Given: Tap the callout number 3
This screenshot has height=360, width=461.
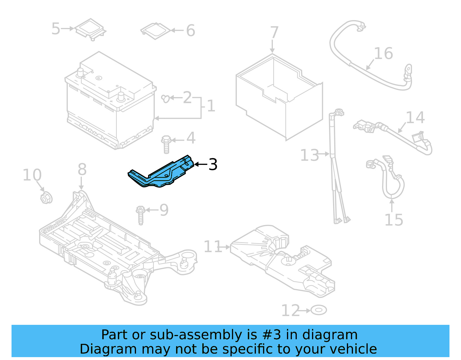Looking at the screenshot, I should (x=213, y=165).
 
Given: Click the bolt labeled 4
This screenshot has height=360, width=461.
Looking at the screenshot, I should (x=166, y=144).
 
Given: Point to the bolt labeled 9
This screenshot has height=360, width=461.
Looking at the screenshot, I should (x=141, y=215).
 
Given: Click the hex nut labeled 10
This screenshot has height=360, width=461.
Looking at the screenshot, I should (x=46, y=198).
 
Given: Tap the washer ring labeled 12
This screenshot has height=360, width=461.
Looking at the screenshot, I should (x=319, y=310).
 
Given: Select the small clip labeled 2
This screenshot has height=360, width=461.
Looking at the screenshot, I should (x=165, y=99).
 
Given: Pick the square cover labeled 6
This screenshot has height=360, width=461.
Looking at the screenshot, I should (x=155, y=31).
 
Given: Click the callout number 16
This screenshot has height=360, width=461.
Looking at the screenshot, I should (x=383, y=54).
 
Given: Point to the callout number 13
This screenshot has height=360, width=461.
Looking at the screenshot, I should (x=309, y=155).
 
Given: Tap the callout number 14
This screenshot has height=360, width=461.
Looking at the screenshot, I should (x=415, y=118).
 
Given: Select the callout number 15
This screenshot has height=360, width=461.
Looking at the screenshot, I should (x=394, y=220).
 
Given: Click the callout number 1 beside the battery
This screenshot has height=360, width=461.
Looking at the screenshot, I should (x=211, y=106).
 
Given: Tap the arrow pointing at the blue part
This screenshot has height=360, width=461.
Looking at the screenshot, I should (x=201, y=164).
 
